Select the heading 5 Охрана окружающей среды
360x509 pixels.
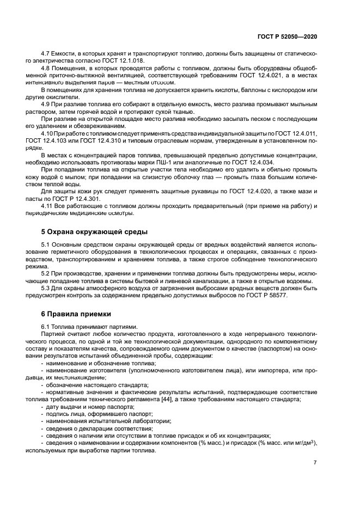(94, 232)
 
